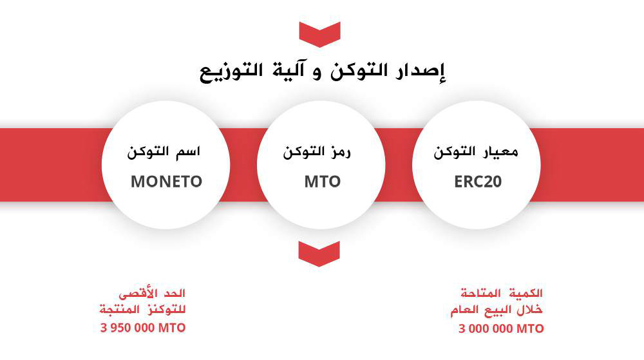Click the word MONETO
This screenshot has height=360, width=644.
(166, 182)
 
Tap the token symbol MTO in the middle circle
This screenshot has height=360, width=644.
(323, 182)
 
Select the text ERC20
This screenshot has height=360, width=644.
(478, 182)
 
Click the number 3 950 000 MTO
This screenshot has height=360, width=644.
(143, 328)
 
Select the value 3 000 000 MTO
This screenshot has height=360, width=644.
(501, 328)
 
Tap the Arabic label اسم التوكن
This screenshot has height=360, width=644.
(164, 152)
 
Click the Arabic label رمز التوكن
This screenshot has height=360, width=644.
(317, 152)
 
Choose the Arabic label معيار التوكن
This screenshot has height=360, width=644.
(476, 152)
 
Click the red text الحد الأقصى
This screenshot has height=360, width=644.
(152, 293)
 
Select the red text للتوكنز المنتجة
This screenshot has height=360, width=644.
(142, 309)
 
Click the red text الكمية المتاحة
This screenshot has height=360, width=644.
(502, 293)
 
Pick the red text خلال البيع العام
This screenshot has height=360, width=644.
(496, 310)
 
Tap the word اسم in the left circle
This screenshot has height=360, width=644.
(187, 152)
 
